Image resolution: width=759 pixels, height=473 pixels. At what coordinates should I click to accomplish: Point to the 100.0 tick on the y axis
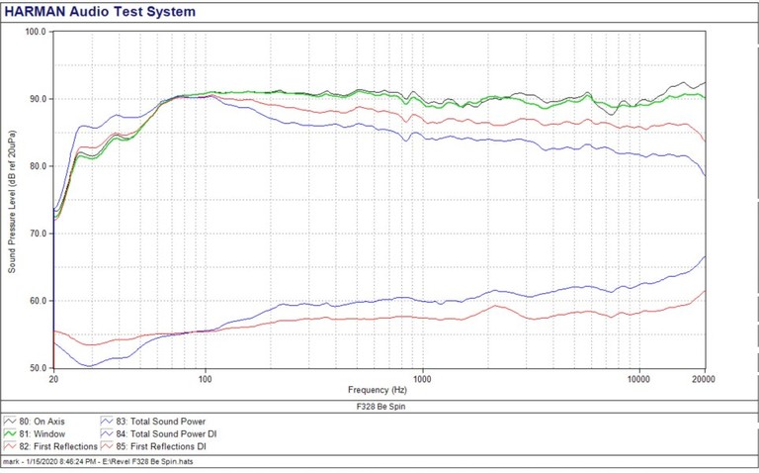click(36, 32)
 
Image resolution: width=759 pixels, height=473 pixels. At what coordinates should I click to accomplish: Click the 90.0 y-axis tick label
click(38, 99)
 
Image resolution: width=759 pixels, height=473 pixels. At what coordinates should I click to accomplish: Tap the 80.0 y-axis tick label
click(38, 166)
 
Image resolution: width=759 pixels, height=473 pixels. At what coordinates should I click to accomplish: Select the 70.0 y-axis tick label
click(38, 234)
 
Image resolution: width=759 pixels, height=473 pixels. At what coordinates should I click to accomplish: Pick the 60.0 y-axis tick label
click(38, 301)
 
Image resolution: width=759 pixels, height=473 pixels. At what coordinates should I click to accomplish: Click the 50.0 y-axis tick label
click(38, 367)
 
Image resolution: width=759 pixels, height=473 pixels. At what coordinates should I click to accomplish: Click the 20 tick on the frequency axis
click(53, 379)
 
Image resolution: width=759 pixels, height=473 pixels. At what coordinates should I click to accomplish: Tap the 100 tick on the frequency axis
click(206, 379)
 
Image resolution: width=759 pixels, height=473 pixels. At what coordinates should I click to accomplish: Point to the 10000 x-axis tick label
click(639, 379)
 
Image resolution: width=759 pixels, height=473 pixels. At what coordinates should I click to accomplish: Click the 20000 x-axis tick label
click(705, 379)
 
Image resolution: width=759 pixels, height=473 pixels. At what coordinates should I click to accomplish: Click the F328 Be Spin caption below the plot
click(379, 406)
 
